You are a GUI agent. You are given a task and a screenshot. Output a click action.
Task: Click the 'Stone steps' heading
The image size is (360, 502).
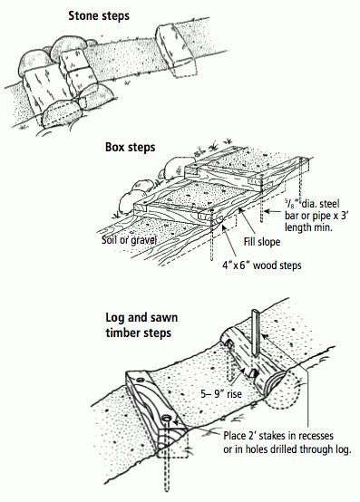pos(99,16)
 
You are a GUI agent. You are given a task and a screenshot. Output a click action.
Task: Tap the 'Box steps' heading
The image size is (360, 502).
pos(130,148)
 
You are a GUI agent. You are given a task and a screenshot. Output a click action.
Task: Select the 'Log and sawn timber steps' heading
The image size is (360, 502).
pos(141,325)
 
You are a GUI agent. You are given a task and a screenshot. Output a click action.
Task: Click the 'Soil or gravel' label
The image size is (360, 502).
pos(129,240)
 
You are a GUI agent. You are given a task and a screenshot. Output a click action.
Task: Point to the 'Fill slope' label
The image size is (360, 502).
pos(262,241)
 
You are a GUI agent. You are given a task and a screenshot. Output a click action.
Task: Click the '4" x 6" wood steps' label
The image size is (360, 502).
pos(262,265)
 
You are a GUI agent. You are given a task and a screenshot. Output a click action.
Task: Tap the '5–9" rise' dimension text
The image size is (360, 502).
pos(221,393)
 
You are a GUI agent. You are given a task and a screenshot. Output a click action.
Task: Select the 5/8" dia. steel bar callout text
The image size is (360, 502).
pos(316,216)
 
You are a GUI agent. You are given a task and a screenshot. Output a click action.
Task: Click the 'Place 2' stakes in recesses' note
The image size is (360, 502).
pos(278,436)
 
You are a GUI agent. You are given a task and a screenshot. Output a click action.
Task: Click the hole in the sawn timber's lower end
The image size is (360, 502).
pos(167,418)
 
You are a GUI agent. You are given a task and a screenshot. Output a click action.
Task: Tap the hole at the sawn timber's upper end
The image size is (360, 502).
pos(141,381)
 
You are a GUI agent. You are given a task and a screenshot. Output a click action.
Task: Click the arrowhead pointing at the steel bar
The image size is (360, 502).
pos(268,211)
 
